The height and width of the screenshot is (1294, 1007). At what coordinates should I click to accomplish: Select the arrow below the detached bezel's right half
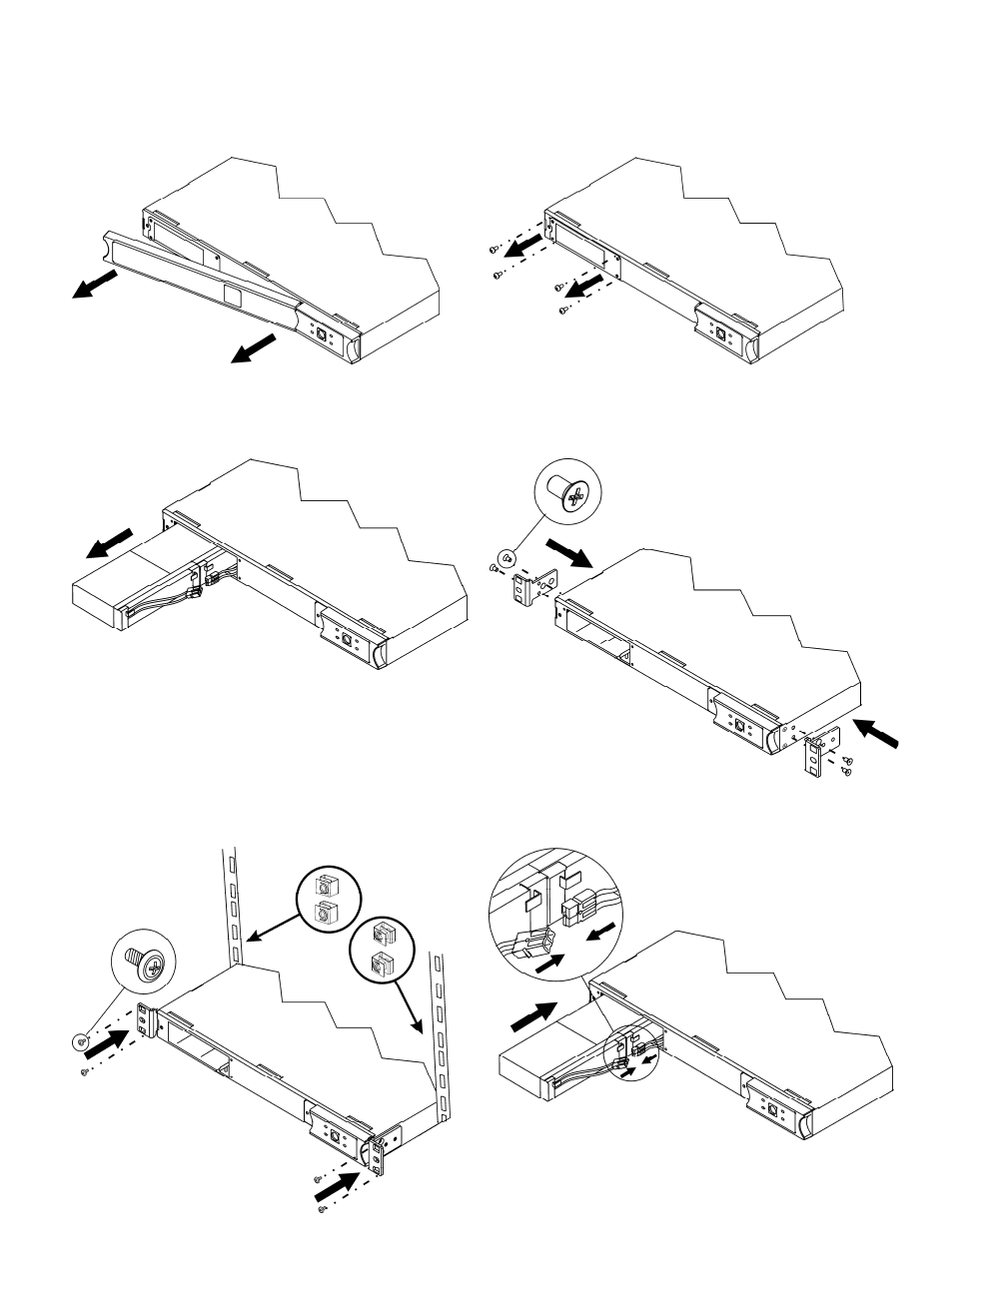point(254,349)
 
